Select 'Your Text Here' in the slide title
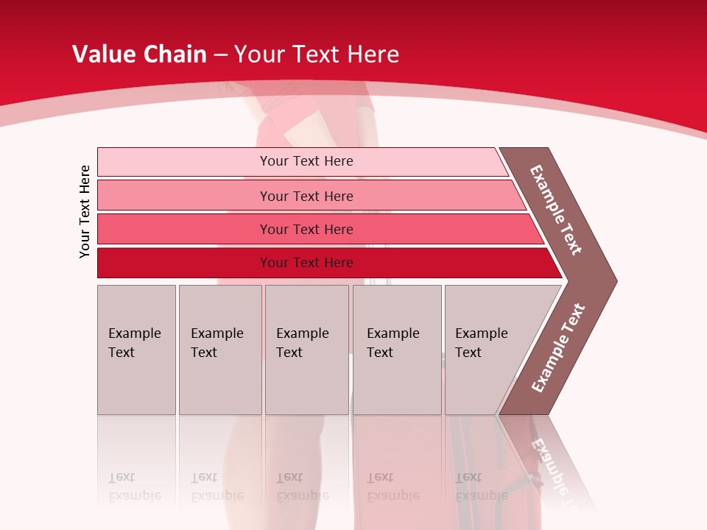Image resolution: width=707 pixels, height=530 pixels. (317, 54)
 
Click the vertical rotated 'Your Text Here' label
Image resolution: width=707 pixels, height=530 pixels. (85, 211)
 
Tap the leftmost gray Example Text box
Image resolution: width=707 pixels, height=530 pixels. (136, 350)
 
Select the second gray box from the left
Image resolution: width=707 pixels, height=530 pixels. (220, 350)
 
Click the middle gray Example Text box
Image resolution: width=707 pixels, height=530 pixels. (306, 350)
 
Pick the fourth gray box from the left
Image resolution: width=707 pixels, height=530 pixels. (397, 350)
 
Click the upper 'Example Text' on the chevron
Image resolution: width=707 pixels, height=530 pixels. (557, 210)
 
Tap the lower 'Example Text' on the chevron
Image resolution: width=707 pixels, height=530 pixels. (557, 347)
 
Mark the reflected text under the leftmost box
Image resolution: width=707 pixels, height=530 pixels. (134, 487)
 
